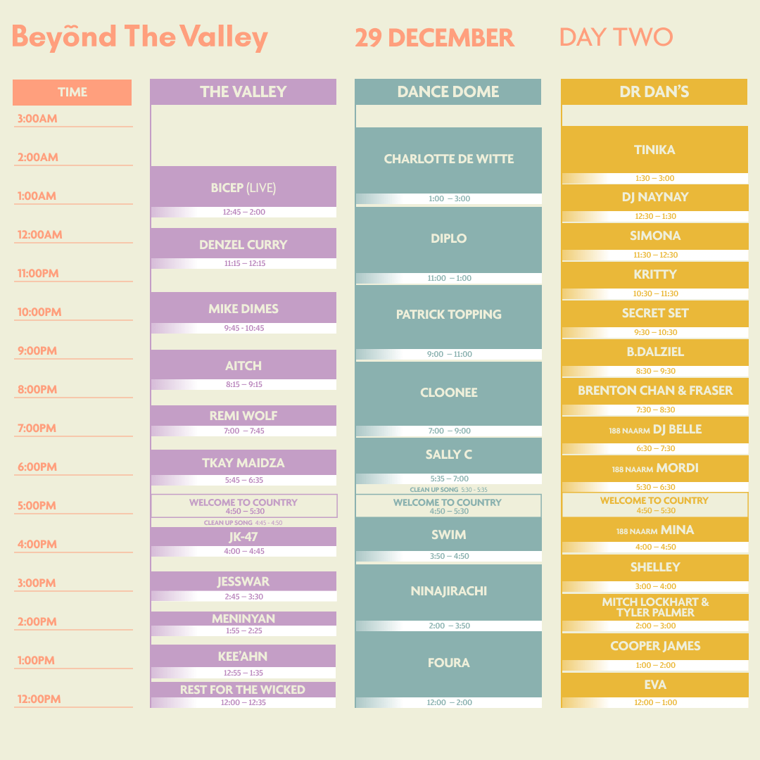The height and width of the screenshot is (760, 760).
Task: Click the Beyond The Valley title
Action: point(139,37)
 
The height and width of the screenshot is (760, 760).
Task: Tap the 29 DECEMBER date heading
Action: point(434,38)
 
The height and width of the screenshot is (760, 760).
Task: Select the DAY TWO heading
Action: point(616,37)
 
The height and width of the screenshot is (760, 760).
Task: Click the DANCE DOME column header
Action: point(448,91)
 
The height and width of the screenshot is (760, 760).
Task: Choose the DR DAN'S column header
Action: point(654,91)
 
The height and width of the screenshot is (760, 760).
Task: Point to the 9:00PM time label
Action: point(37,350)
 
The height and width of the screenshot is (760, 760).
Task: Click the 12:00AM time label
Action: point(39,234)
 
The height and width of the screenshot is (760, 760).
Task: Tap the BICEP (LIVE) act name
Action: point(243,188)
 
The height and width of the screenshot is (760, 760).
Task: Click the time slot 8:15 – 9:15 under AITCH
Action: point(243,384)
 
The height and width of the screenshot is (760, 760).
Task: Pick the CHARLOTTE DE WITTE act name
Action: point(449,159)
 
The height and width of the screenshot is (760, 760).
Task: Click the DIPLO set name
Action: point(449,239)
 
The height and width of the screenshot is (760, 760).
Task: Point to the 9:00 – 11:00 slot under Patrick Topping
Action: point(449,354)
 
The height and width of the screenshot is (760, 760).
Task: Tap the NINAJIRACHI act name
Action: point(449,591)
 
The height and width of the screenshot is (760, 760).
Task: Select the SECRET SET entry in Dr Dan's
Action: point(655,313)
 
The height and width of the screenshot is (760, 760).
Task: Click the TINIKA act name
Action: point(654,150)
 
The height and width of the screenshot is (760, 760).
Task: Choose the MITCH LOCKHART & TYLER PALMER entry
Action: point(655,607)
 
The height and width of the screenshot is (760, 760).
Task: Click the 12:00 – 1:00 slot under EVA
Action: point(655,702)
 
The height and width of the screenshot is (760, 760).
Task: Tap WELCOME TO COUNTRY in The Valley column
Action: point(243,502)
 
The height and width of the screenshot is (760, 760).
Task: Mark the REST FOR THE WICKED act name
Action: point(243,690)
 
